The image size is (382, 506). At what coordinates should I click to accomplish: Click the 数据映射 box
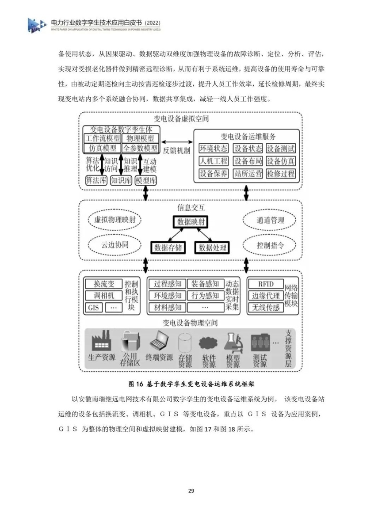tap(191, 221)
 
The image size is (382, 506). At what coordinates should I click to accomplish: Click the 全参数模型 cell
tap(141, 148)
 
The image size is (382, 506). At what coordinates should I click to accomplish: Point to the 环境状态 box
tap(214, 148)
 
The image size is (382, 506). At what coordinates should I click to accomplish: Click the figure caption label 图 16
tap(134, 384)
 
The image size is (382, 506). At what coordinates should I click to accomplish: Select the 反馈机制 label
tap(176, 150)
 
